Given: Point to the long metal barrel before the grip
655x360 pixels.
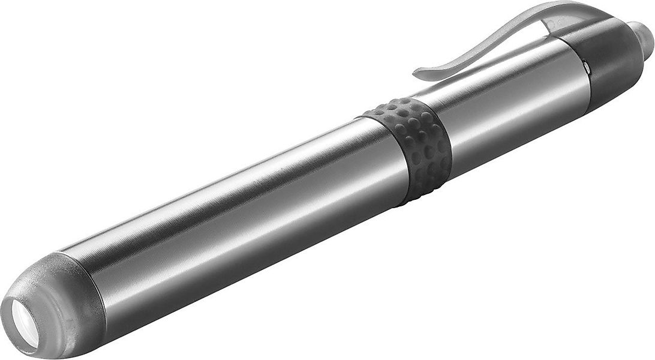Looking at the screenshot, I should coord(240,210).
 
